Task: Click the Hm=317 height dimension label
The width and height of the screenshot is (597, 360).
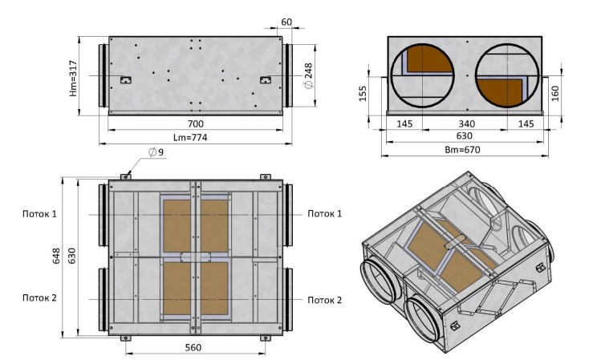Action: (x=74, y=79)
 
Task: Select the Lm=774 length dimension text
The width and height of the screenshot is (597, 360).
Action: (x=190, y=137)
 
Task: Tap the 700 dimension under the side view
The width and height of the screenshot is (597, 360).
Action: (x=195, y=123)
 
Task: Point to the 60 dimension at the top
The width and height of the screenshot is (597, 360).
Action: (x=286, y=22)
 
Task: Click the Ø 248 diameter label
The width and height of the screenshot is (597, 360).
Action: (x=308, y=75)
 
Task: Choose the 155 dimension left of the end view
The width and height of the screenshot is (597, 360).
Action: (x=363, y=94)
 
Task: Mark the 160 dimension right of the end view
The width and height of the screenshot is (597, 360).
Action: (x=555, y=94)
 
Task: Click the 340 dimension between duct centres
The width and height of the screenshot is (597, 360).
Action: (x=466, y=123)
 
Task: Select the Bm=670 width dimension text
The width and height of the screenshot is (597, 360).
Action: (x=463, y=150)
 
